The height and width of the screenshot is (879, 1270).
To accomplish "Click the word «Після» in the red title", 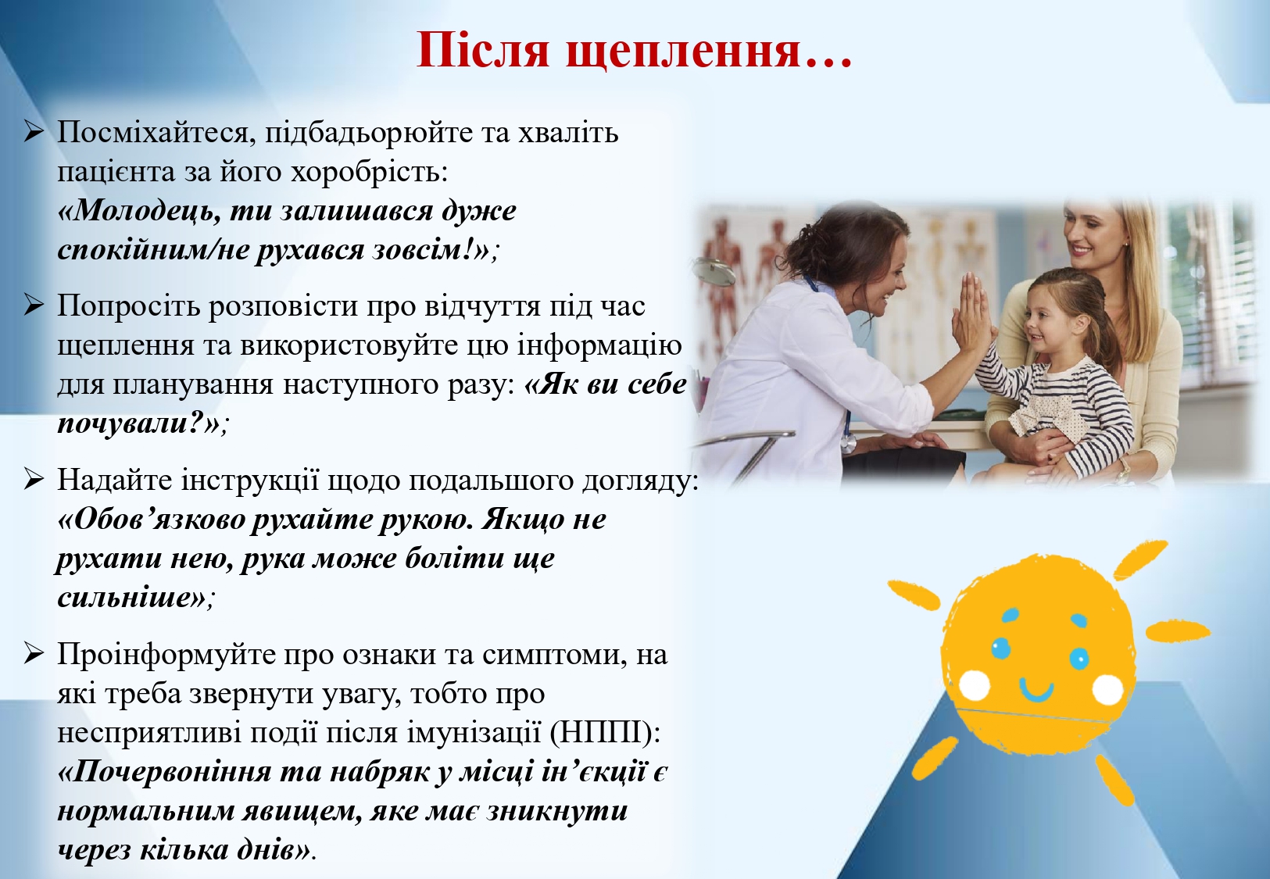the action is [x=483, y=49].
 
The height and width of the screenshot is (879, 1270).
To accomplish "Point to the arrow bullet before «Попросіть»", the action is [x=34, y=306].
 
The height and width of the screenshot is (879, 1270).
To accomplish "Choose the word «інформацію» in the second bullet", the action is [x=599, y=346].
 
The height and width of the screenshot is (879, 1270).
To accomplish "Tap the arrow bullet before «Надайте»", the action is [x=34, y=480].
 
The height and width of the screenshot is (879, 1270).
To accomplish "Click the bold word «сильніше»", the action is [x=131, y=598].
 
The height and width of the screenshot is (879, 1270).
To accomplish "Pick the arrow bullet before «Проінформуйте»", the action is [x=34, y=655].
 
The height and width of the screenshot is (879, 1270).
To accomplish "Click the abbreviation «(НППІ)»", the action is [x=605, y=734].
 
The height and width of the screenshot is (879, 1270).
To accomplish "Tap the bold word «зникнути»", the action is [x=556, y=810].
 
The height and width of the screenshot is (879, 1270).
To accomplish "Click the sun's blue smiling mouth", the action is [x=1036, y=690].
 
